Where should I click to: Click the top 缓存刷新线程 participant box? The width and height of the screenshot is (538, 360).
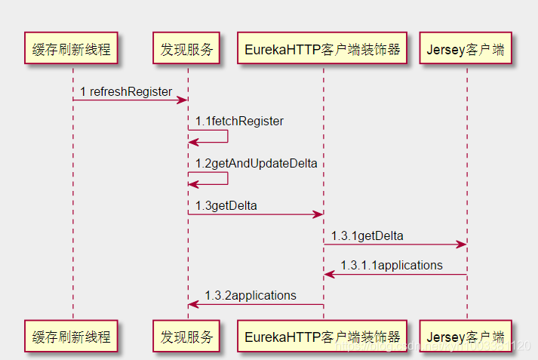tap(72, 50)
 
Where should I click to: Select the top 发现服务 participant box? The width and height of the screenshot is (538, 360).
tap(187, 50)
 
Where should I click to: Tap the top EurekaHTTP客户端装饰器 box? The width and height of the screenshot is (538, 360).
tap(322, 50)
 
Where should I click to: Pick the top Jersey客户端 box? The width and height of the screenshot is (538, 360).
tap(466, 50)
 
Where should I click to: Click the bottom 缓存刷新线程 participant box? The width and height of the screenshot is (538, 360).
tap(72, 337)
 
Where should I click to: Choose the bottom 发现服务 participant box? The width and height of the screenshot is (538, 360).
tap(187, 337)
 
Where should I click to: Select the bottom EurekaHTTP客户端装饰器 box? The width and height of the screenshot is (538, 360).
tap(322, 337)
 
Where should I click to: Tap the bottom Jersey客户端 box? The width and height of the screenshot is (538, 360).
tap(466, 337)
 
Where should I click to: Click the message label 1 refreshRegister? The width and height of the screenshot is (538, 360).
tap(126, 91)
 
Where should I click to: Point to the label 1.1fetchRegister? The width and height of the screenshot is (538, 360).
tap(239, 121)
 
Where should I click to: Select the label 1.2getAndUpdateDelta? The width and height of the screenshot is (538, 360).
tap(256, 163)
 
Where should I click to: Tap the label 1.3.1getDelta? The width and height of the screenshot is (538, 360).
tap(367, 235)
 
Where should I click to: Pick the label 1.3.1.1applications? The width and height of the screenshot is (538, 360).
tap(392, 265)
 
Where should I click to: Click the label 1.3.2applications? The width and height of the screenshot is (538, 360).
tap(251, 295)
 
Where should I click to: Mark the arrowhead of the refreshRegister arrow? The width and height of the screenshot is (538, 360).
tap(183, 100)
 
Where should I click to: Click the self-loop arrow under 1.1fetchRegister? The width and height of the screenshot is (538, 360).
tap(219, 137)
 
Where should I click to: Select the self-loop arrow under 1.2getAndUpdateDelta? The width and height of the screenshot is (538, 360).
tap(219, 178)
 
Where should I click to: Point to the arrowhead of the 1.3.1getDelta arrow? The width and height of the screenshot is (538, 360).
tap(462, 244)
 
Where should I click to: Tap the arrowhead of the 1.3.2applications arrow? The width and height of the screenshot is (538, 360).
tap(193, 304)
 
